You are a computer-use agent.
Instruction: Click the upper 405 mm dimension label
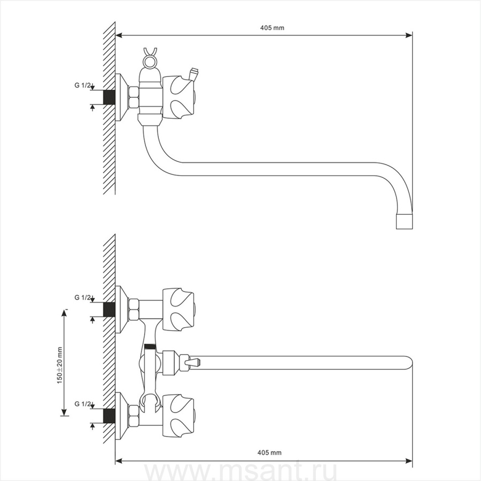coord(272,28)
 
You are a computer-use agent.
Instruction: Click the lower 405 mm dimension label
coord(269,453)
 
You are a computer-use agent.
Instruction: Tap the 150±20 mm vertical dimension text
coord(59,364)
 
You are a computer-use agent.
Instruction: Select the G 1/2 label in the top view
coord(82,85)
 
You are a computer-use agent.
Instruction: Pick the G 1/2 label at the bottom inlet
coord(82,404)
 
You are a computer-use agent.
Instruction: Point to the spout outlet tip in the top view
coord(405,222)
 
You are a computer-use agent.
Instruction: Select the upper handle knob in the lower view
coord(179,310)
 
